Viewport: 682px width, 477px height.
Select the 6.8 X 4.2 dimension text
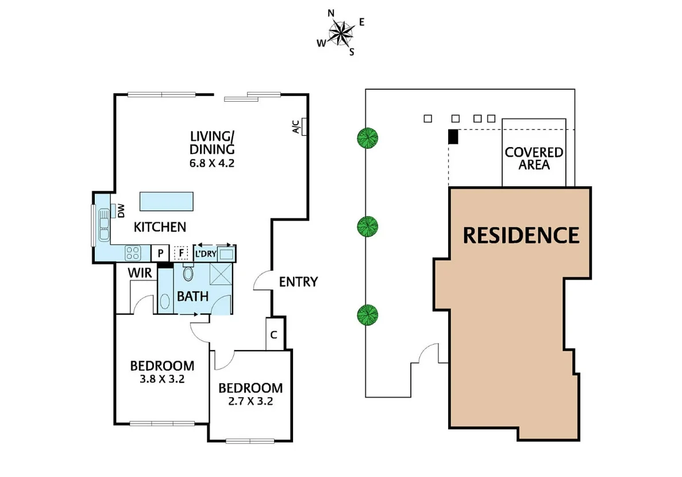pyautogui.click(x=213, y=163)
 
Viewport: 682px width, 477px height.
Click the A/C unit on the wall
pyautogui.click(x=304, y=126)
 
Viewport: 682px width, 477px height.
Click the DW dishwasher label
pyautogui.click(x=121, y=212)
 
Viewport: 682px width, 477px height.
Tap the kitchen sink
pyautogui.click(x=104, y=225)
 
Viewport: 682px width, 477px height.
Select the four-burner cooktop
pyautogui.click(x=133, y=252)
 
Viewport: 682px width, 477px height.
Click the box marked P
pyautogui.click(x=160, y=253)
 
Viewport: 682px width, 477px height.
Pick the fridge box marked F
pyautogui.click(x=182, y=253)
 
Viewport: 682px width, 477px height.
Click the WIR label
pyautogui.click(x=140, y=273)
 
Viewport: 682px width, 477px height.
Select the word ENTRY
pyautogui.click(x=298, y=282)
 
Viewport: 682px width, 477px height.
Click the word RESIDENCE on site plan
pyautogui.click(x=521, y=235)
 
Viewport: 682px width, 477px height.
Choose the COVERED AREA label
pyautogui.click(x=534, y=159)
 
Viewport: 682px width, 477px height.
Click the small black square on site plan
pyautogui.click(x=453, y=137)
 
